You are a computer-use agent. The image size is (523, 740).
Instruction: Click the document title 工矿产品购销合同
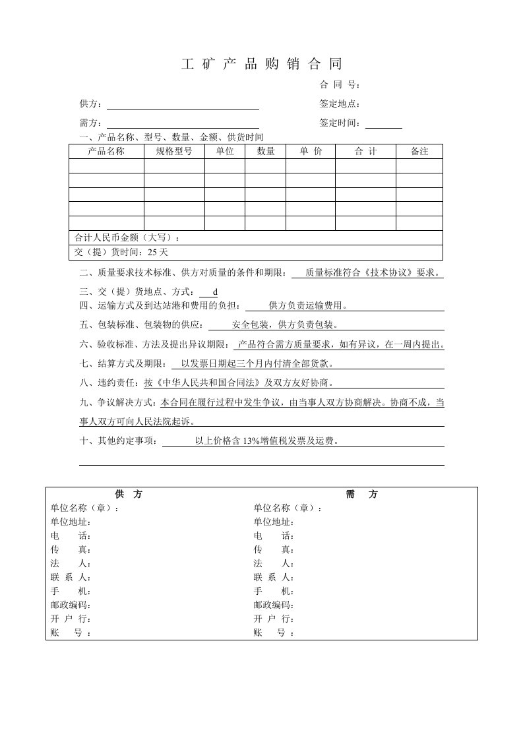click(x=262, y=64)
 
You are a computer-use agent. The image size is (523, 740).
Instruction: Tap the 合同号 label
click(x=340, y=84)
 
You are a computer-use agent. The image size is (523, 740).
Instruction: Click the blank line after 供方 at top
click(x=183, y=105)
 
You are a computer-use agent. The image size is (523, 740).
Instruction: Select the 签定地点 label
click(x=340, y=104)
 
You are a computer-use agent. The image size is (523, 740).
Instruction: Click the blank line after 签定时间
click(x=383, y=123)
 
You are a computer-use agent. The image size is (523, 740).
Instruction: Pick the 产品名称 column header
click(x=106, y=152)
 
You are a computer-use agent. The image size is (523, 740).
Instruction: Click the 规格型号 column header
click(x=174, y=152)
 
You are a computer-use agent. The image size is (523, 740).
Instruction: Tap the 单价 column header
click(x=311, y=152)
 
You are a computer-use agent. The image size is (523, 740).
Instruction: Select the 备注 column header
click(x=419, y=152)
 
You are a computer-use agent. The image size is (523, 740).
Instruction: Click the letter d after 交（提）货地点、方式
click(x=215, y=292)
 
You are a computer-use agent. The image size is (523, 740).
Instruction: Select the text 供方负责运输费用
click(x=308, y=305)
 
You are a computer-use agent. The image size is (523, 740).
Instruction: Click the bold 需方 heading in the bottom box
click(x=362, y=495)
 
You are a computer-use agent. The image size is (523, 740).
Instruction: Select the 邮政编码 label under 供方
click(x=70, y=605)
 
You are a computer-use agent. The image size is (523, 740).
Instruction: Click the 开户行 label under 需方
click(x=273, y=619)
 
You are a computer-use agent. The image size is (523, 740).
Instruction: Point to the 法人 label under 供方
click(x=70, y=563)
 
